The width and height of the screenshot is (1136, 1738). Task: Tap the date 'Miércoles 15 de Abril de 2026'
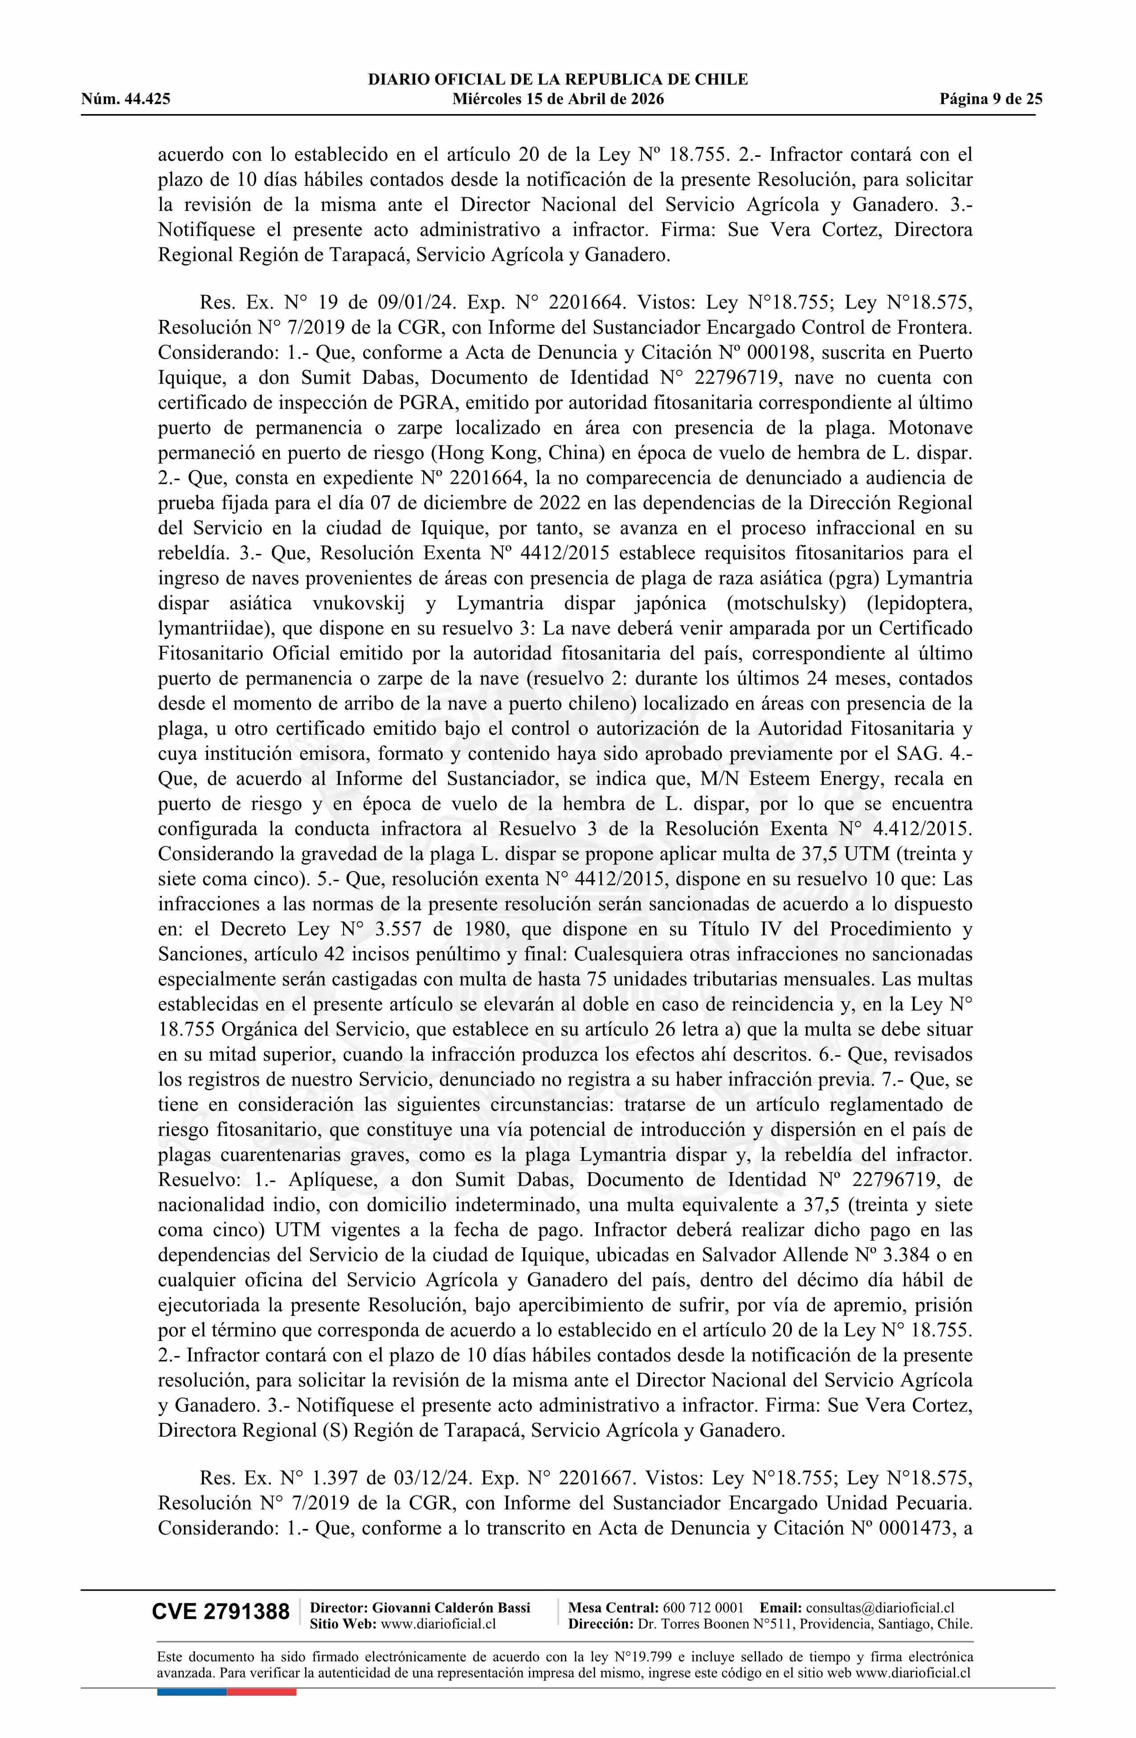click(x=558, y=99)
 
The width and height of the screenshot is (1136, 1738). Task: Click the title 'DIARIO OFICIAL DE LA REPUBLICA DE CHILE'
click(x=558, y=80)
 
